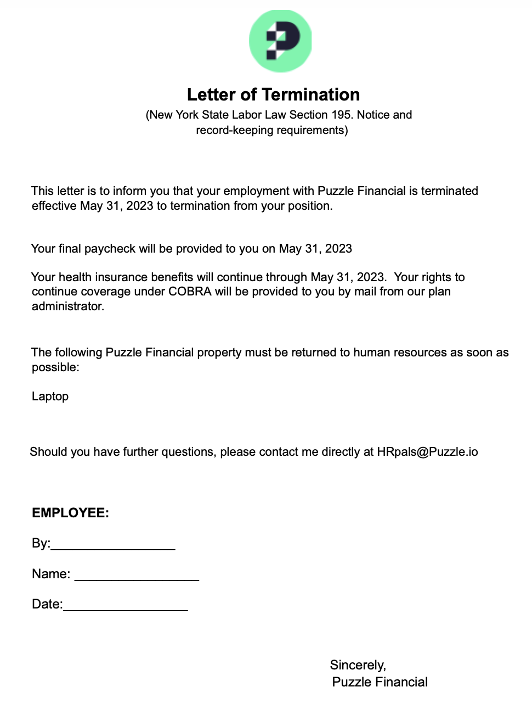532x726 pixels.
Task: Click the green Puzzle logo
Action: tap(280, 41)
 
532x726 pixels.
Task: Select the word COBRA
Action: tap(190, 292)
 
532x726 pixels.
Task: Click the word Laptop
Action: tap(50, 396)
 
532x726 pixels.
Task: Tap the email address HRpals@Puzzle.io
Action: tap(427, 452)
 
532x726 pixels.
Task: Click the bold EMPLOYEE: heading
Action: tap(70, 513)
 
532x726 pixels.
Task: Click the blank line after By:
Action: tap(113, 545)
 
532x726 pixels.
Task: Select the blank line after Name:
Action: tap(137, 575)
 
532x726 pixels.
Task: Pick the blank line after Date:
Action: tap(126, 605)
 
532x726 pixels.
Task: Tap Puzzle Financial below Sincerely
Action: tap(380, 682)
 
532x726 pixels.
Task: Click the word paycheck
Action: tap(110, 249)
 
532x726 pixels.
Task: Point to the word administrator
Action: tap(67, 306)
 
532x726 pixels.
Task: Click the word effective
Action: tap(54, 206)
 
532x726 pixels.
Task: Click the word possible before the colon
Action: tap(54, 367)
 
